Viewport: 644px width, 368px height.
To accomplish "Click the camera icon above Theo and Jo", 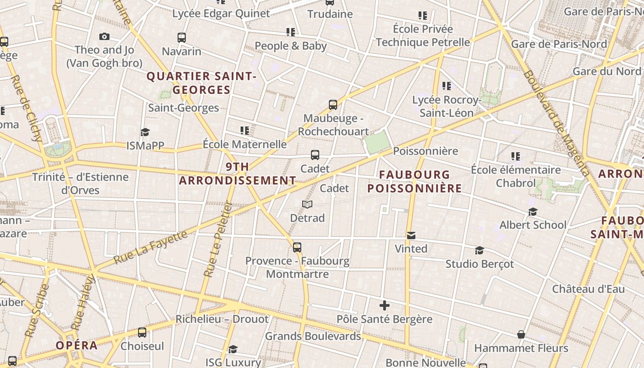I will click(104, 37).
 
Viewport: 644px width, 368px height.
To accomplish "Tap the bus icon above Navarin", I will click(182, 38).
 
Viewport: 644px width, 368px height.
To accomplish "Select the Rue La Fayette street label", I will click(151, 247).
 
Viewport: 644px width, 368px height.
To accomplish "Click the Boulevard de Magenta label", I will click(556, 123).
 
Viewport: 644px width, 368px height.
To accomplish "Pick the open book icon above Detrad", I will click(307, 204).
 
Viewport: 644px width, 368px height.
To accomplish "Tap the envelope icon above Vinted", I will click(411, 236).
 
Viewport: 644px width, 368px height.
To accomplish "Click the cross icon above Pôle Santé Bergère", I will click(385, 305).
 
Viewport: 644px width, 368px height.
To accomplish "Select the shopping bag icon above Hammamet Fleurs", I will click(521, 334).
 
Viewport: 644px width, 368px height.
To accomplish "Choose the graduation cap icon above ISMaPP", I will click(145, 132).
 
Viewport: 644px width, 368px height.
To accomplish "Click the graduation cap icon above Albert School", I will click(533, 212).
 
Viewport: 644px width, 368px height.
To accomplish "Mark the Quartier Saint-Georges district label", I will click(201, 83).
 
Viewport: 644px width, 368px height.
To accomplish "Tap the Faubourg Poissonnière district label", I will click(414, 181).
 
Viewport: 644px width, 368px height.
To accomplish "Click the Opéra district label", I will click(77, 345).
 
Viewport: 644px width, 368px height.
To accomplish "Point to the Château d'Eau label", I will click(588, 289).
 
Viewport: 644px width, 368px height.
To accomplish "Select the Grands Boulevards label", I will click(313, 336).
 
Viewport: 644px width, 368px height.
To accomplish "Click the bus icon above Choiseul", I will click(142, 333).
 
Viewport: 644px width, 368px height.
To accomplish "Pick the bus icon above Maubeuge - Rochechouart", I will click(333, 105).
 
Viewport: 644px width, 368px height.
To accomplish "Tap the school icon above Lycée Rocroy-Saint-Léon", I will click(446, 86).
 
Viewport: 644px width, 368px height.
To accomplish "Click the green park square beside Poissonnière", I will click(377, 142).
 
